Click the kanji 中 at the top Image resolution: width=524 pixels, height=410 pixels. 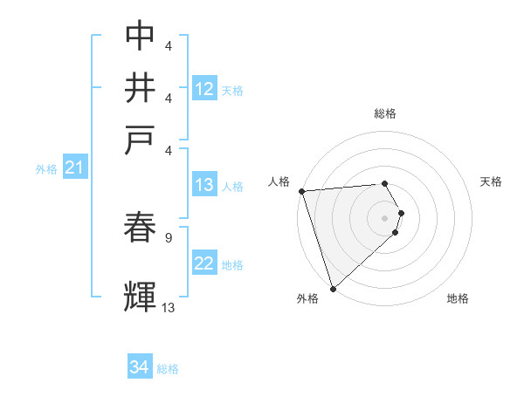point(141,36)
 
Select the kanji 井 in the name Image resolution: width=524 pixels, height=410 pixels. point(141,88)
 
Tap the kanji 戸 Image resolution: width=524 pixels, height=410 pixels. point(141,140)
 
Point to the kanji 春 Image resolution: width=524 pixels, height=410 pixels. point(141,228)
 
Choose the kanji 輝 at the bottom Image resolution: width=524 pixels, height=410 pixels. point(141,295)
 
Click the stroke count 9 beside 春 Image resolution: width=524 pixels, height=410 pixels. point(168,236)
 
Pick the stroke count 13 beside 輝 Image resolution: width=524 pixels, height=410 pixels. point(169,306)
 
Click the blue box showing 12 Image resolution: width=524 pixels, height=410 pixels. point(204,89)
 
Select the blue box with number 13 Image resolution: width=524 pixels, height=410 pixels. point(204,185)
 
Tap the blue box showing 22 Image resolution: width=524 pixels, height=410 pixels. point(204,263)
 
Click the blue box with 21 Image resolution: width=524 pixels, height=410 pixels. point(73,167)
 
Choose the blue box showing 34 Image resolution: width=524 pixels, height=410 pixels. point(139,367)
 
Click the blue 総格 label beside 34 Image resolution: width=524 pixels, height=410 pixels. point(168,369)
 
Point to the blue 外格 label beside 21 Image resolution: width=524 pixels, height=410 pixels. point(46,169)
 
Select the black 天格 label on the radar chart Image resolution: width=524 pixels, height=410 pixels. point(492,181)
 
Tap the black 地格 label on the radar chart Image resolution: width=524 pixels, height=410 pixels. point(458,298)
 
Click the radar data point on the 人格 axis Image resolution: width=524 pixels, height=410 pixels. point(301,191)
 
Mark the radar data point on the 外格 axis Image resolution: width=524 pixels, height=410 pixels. point(333,288)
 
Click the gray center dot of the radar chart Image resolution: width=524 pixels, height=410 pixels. point(385,217)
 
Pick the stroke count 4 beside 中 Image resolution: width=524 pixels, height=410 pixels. point(168,44)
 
